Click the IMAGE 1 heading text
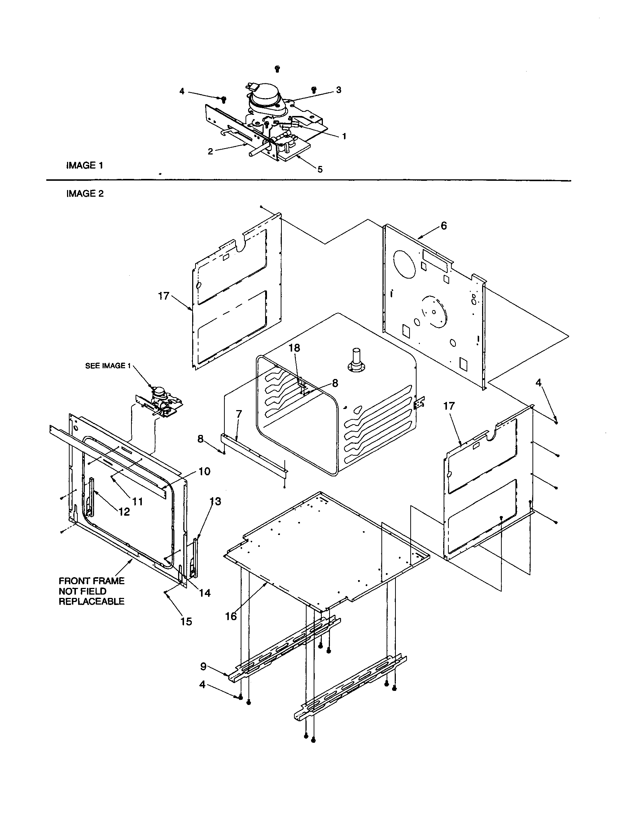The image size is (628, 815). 84,165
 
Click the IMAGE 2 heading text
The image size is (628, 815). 85,194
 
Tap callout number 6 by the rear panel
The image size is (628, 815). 443,226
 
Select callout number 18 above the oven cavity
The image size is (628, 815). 294,348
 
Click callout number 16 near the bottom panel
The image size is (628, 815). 231,616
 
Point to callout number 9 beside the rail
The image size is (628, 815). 203,666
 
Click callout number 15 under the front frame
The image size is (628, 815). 186,621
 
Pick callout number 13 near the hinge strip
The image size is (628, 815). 215,501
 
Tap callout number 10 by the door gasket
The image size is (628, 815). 204,471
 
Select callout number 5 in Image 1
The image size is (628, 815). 320,169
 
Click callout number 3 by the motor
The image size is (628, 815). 338,90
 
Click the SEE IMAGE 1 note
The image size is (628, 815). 108,366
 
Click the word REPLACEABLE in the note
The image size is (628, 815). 91,601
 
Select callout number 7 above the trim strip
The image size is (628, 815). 239,413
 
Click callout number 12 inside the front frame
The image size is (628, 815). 124,512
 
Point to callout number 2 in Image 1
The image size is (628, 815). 210,151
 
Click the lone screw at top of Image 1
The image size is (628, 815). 277,68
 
